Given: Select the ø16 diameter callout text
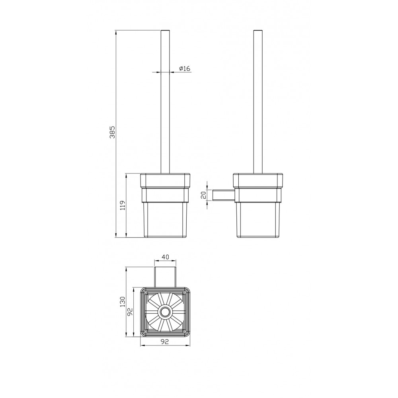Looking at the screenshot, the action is (185, 68).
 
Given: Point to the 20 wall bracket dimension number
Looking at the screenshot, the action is (203, 195).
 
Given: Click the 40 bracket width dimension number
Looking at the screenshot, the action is (165, 257).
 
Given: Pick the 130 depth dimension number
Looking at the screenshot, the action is (123, 302).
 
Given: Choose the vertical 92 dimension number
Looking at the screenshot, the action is (130, 312).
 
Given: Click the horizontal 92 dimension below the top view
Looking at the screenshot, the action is (165, 341).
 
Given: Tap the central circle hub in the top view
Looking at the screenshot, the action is (165, 312).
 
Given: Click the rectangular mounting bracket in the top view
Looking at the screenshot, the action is (165, 277).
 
